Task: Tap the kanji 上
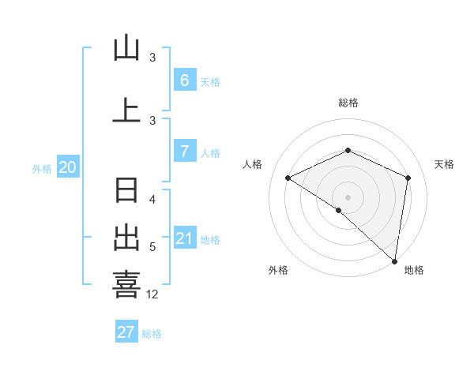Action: pos(126,110)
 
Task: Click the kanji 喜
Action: pos(126,284)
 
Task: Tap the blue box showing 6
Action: pos(184,81)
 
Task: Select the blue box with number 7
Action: pos(184,152)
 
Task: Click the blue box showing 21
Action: pos(184,238)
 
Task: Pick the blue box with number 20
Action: pos(67,167)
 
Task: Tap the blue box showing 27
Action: pos(126,332)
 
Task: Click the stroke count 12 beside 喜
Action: pos(152,294)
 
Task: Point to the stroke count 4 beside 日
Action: pos(153,200)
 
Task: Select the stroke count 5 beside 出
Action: pos(152,247)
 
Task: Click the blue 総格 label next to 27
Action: pos(152,334)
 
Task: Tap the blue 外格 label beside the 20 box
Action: pos(41,168)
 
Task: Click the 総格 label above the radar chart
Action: pos(348,103)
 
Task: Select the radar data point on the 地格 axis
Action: pos(395,260)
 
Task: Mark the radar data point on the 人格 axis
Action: pos(288,178)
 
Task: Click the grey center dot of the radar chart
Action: pos(348,197)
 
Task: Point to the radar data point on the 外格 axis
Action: pos(339,210)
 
